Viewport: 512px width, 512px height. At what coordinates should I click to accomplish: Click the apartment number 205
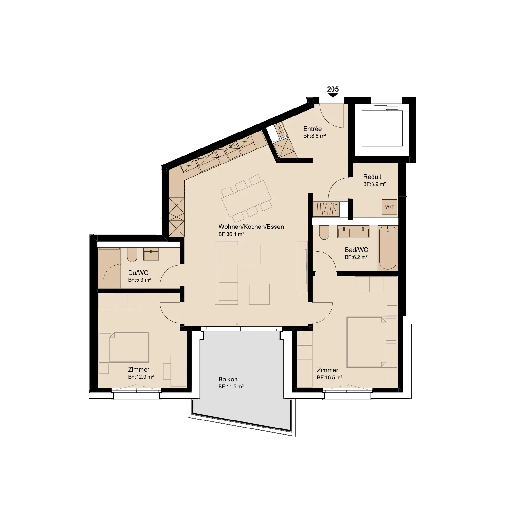pyautogui.click(x=333, y=89)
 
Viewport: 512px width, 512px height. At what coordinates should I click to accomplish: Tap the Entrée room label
pyautogui.click(x=312, y=129)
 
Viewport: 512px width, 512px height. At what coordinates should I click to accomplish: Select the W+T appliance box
pyautogui.click(x=389, y=207)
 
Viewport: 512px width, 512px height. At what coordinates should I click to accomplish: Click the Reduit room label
pyautogui.click(x=372, y=177)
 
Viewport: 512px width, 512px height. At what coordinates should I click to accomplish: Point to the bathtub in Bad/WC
pyautogui.click(x=388, y=247)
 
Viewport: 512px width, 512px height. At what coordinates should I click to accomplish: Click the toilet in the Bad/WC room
pyautogui.click(x=324, y=232)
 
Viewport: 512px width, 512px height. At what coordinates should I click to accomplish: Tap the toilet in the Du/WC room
pyautogui.click(x=132, y=255)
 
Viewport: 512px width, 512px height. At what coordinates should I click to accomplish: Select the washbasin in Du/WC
pyautogui.click(x=151, y=254)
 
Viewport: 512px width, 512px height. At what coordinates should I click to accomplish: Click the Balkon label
pyautogui.click(x=228, y=379)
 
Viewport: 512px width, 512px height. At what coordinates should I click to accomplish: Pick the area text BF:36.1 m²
pyautogui.click(x=231, y=234)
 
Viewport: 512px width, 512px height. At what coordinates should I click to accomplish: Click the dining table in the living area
pyautogui.click(x=247, y=198)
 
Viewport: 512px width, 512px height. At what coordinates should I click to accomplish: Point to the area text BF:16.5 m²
pyautogui.click(x=330, y=377)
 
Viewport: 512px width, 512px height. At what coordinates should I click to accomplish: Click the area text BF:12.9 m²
pyautogui.click(x=141, y=377)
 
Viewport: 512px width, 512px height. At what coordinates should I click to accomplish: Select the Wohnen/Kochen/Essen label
pyautogui.click(x=251, y=227)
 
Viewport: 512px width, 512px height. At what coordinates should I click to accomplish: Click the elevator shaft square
pyautogui.click(x=382, y=128)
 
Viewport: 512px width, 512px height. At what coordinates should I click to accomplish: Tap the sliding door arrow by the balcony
pyautogui.click(x=223, y=324)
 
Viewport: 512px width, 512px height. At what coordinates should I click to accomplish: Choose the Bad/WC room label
pyautogui.click(x=356, y=250)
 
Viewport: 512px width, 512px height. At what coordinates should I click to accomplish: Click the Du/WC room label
pyautogui.click(x=138, y=273)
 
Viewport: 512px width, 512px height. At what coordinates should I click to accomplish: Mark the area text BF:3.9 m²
pyautogui.click(x=374, y=184)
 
